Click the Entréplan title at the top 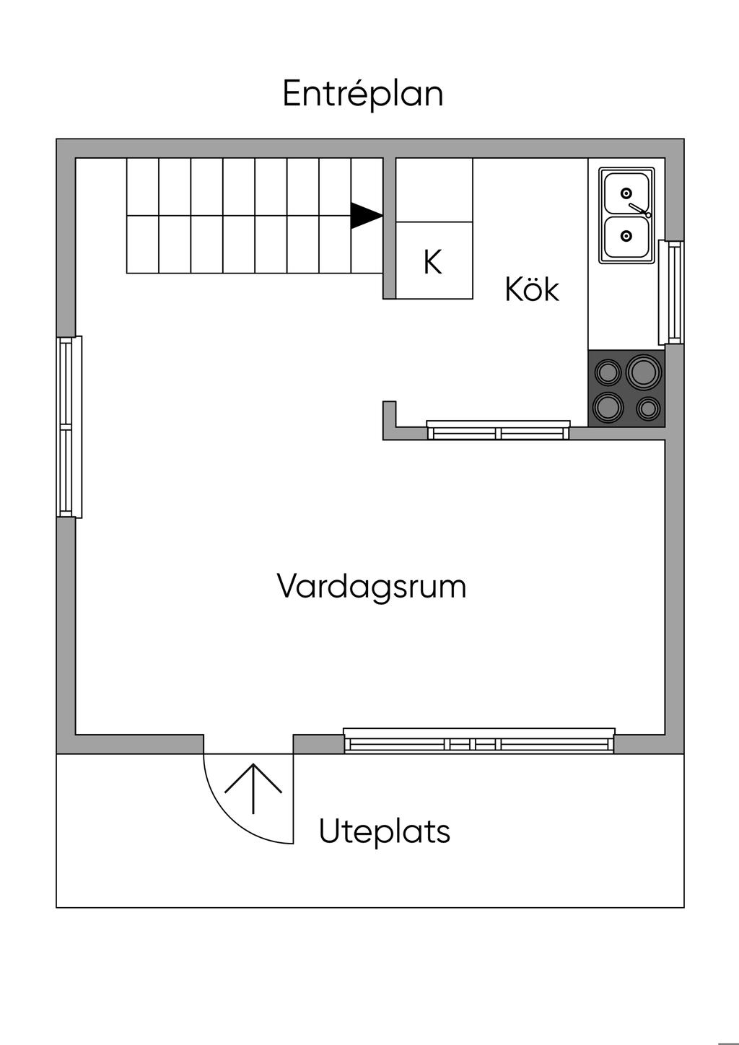pos(362,95)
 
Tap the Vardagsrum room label pos(372,587)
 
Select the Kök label pos(532,289)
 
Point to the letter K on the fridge pos(432,262)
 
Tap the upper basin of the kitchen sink pos(626,193)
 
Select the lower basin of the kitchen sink pos(626,237)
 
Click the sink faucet pos(639,210)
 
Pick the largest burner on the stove pos(644,371)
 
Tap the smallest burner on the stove pos(648,408)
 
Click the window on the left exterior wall pos(69,427)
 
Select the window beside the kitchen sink pos(671,292)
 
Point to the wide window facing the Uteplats pos(479,741)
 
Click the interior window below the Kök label pos(498,430)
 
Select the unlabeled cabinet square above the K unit pos(434,191)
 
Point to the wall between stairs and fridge pos(389,229)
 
